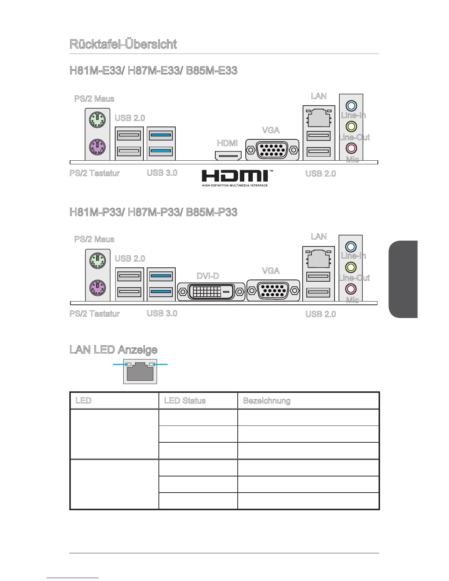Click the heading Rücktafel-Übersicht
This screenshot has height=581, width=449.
pos(123,44)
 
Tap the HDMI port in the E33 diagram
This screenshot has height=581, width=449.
pos(228,156)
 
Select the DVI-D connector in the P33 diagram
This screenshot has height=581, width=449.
pos(211,292)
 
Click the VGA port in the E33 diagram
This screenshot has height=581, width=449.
pos(272,150)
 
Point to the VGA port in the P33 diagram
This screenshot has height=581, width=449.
pos(273,290)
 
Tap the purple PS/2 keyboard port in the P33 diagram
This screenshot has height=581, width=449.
pos(98,287)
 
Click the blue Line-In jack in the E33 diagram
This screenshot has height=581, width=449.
pos(351,106)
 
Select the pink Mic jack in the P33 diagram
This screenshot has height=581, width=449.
pos(351,288)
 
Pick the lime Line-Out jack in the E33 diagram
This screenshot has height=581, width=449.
pos(351,127)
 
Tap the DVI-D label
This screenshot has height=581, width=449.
pos(208,275)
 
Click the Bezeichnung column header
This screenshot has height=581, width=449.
pos(267,401)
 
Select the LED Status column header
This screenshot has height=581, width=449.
pos(185,401)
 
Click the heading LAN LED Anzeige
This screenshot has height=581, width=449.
pos(113,350)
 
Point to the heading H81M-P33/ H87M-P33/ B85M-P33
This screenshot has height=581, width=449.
pos(153,212)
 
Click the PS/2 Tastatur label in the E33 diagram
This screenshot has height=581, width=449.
pos(95,173)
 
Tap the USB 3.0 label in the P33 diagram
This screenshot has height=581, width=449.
pos(162,313)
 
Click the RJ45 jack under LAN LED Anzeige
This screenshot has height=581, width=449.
pos(140,372)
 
